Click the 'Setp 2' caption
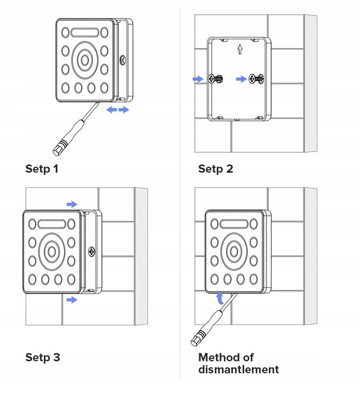click(216, 169)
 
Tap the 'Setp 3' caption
click(42, 357)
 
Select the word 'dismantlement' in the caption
click(239, 369)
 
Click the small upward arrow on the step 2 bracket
click(239, 50)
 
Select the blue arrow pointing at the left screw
click(197, 79)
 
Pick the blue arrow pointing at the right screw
click(241, 79)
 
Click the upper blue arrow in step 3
click(72, 204)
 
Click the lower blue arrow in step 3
click(72, 300)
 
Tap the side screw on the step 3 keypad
click(91, 252)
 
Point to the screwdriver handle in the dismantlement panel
click(200, 334)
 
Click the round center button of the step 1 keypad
click(85, 59)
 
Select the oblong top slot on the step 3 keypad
click(51, 224)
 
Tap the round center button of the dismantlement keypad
click(233, 250)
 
